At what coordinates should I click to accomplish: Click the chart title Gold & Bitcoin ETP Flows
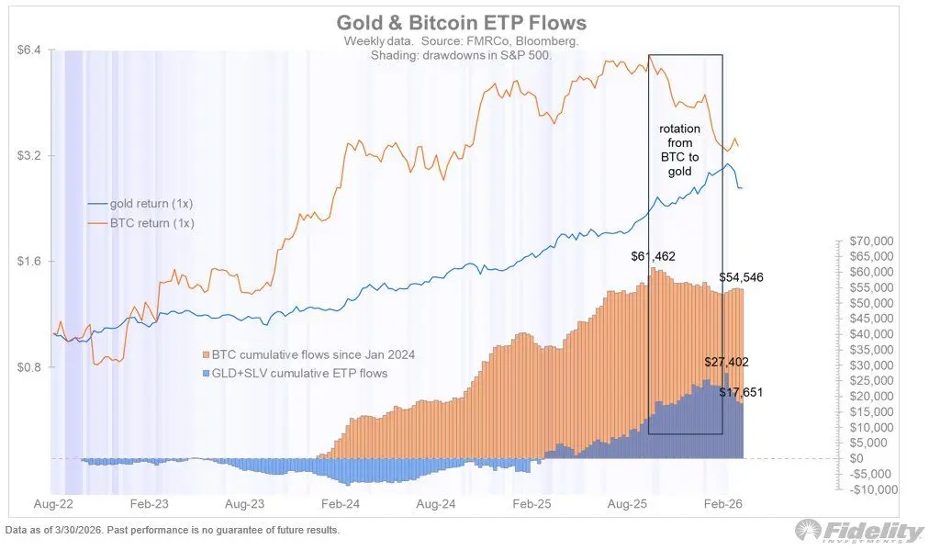tap(461, 22)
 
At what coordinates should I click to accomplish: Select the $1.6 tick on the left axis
tap(30, 262)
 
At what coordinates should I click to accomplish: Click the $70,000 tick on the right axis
tap(872, 241)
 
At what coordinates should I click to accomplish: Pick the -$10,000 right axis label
tap(871, 489)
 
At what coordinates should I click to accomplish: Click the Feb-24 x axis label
tap(340, 504)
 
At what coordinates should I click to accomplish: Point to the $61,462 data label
tap(651, 256)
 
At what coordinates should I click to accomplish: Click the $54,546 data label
tap(741, 277)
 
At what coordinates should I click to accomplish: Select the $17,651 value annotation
tap(740, 392)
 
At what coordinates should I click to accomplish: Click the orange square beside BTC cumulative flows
tap(206, 354)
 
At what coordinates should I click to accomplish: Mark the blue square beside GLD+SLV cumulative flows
tap(206, 374)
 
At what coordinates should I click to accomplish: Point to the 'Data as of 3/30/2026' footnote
tap(172, 531)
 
